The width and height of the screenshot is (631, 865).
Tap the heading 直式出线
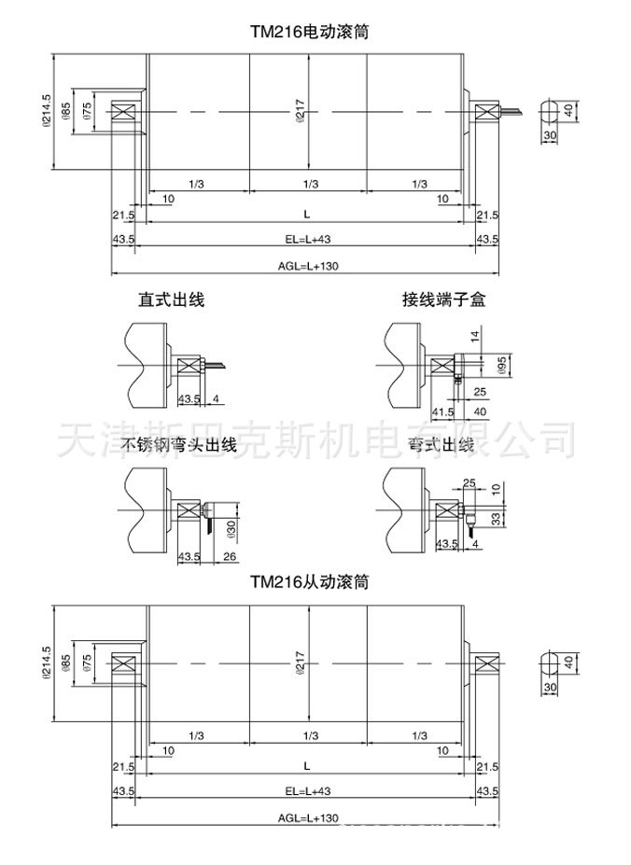[171, 300]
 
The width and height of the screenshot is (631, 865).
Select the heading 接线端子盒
[444, 300]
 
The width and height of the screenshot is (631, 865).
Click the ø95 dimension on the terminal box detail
[501, 364]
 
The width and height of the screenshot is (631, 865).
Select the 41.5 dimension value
[442, 412]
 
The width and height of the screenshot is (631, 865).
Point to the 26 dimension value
[231, 557]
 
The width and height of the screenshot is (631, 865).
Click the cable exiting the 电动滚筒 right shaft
[511, 112]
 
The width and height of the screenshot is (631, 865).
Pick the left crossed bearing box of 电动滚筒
[123, 112]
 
